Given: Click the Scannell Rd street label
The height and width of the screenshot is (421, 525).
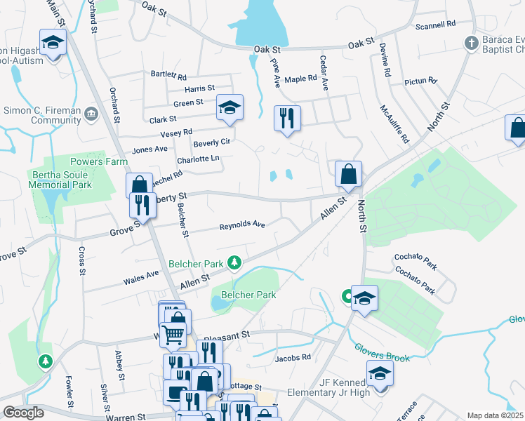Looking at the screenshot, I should point(435,24).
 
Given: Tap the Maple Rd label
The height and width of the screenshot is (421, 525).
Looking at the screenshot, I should point(302,79).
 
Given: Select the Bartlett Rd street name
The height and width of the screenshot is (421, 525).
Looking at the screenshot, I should point(168,75).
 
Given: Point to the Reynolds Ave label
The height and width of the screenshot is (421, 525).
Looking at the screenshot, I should point(241,225).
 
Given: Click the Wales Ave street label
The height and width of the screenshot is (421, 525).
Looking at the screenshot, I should point(142,277).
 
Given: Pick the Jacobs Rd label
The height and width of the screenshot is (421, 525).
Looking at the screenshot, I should point(293,357).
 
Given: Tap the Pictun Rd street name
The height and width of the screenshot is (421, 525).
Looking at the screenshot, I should point(421,82).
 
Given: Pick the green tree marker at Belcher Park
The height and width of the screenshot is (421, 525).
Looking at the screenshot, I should point(234,264).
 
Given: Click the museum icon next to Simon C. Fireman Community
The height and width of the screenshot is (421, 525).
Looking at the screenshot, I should point(91,114).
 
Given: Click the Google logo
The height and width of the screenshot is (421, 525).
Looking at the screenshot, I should point(23,412).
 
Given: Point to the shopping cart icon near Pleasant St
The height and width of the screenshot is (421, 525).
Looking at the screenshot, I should point(172,333).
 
